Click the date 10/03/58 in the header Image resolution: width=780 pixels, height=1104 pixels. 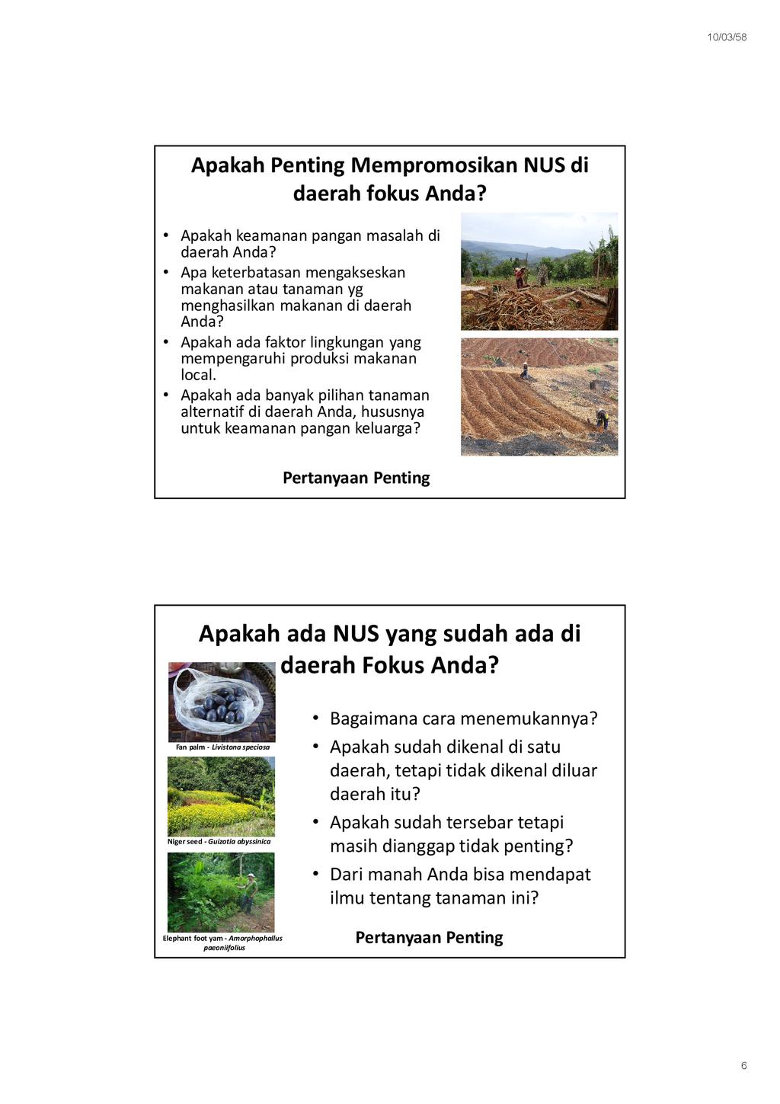pyautogui.click(x=727, y=37)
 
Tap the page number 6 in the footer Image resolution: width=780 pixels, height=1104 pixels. pyautogui.click(x=743, y=1066)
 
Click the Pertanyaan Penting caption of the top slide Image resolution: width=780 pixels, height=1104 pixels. pyautogui.click(x=356, y=478)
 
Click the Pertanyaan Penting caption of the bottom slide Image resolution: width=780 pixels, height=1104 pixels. pyautogui.click(x=429, y=937)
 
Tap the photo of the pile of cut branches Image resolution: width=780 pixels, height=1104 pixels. pyautogui.click(x=539, y=270)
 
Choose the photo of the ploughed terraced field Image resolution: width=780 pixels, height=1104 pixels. pyautogui.click(x=539, y=396)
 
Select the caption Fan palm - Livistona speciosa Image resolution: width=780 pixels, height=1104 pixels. pyautogui.click(x=222, y=747)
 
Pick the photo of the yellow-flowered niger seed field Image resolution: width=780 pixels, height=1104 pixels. pyautogui.click(x=221, y=796)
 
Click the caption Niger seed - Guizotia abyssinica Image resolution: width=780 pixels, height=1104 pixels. pyautogui.click(x=219, y=842)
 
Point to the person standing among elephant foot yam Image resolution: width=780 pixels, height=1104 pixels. pyautogui.click(x=248, y=891)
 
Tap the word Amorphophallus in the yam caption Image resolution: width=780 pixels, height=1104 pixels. pyautogui.click(x=255, y=939)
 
